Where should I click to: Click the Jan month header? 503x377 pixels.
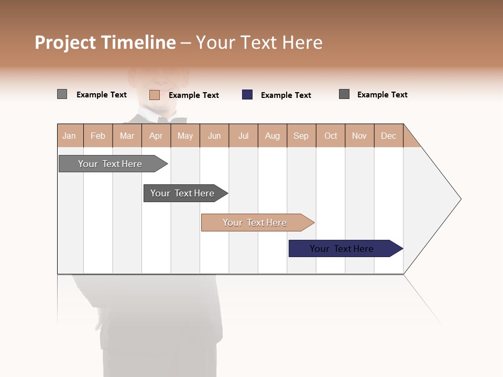point(69,136)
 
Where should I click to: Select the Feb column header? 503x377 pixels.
point(98,136)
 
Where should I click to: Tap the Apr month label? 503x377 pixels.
point(156,136)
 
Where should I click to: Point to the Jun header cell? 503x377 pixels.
point(214,136)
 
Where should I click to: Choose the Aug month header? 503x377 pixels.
point(272,136)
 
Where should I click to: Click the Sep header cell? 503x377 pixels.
point(301,136)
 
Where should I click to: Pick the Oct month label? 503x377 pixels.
point(331,136)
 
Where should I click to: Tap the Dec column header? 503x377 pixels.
point(388,136)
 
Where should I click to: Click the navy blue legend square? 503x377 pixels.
point(247,95)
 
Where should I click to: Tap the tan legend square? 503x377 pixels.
point(154,95)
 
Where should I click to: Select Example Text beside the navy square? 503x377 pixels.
point(286,95)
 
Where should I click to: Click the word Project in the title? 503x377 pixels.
point(65,43)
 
